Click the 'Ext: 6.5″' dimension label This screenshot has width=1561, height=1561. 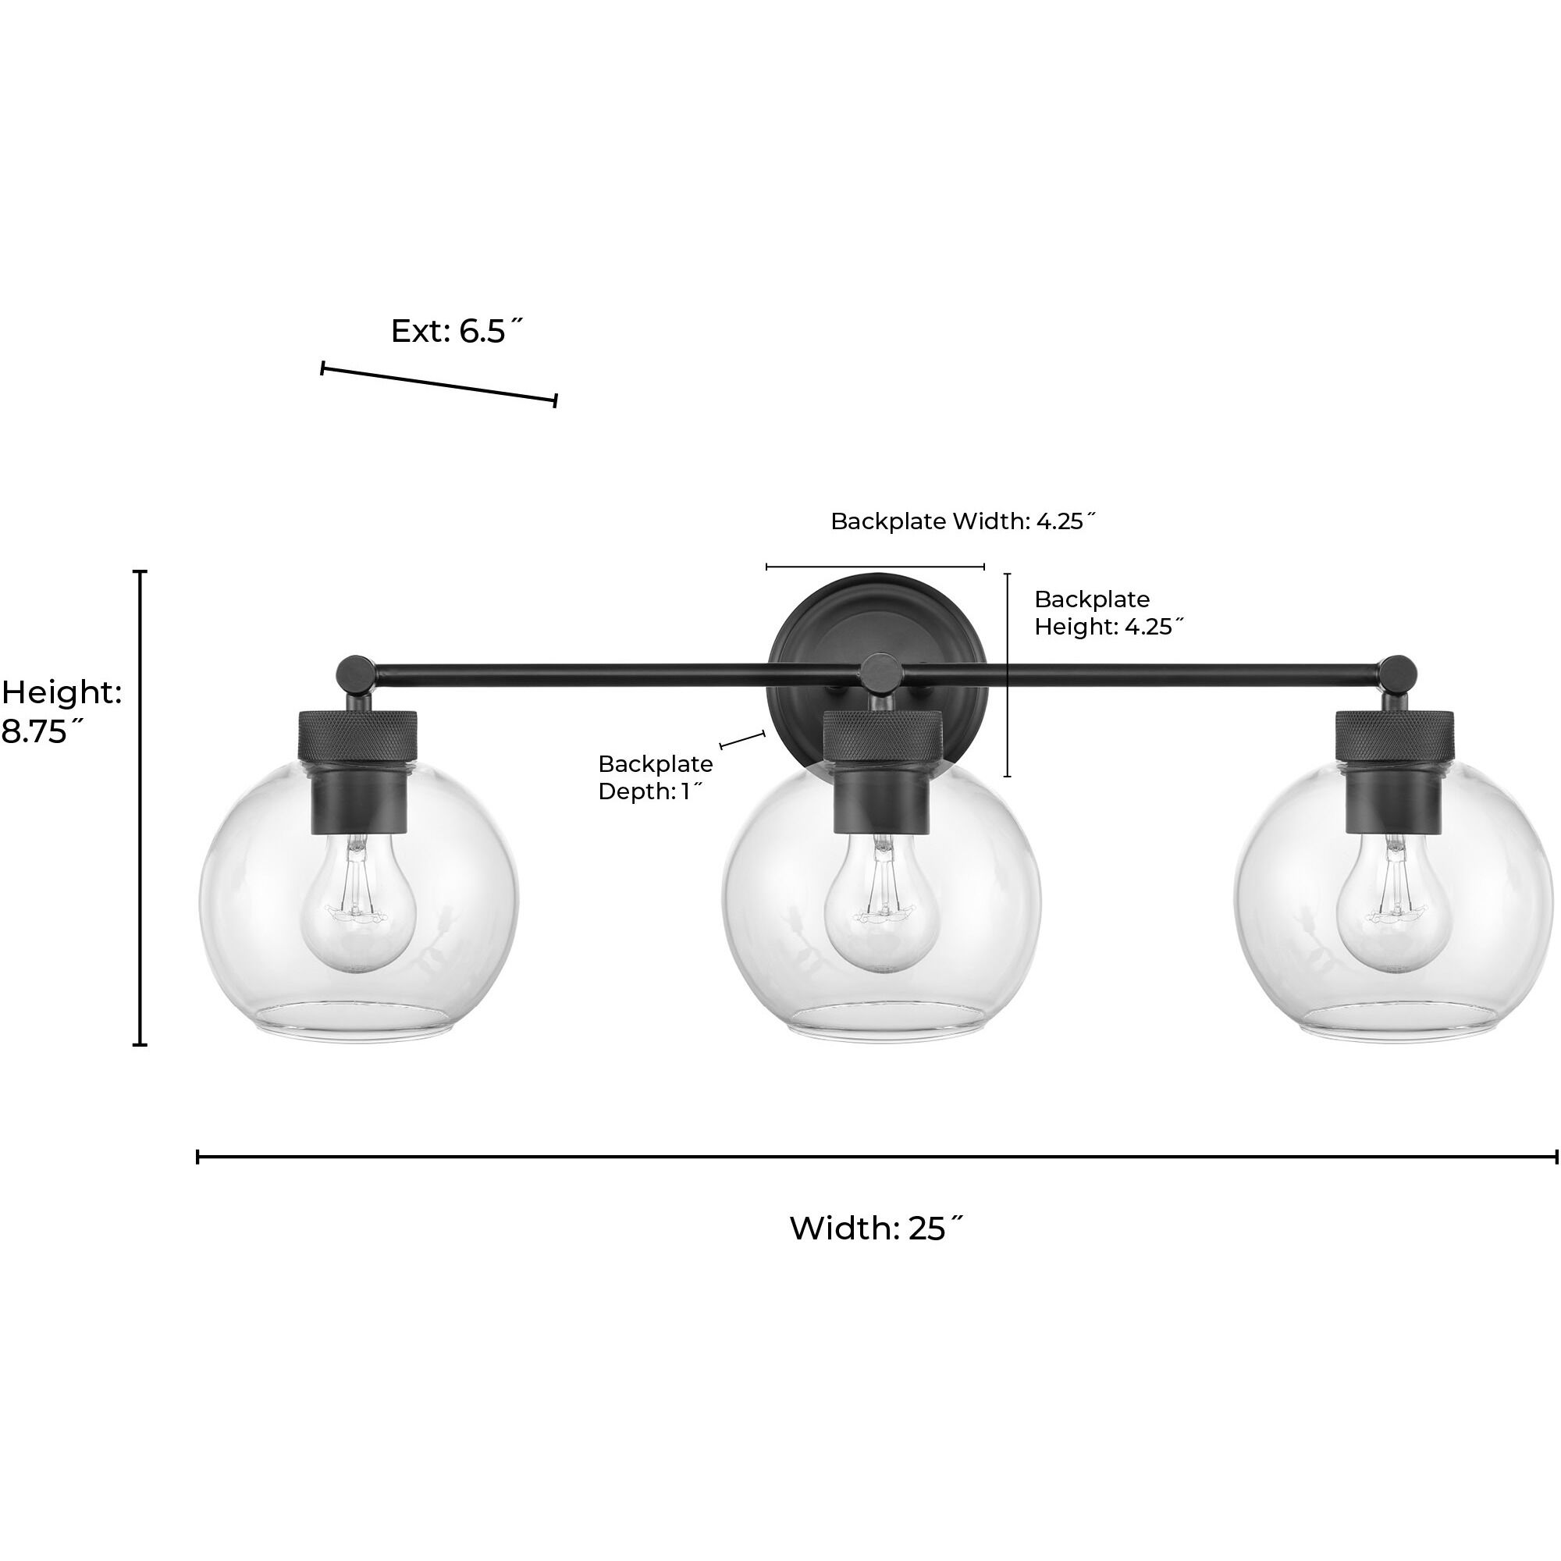pyautogui.click(x=457, y=331)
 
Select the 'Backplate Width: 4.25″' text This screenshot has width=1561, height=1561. pyautogui.click(x=963, y=522)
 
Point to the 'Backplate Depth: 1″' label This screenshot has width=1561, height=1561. pyautogui.click(x=656, y=777)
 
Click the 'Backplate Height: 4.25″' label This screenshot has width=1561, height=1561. pyautogui.click(x=1108, y=613)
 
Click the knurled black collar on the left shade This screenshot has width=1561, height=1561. pyautogui.click(x=359, y=734)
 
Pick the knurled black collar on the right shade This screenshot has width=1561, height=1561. pyautogui.click(x=1395, y=734)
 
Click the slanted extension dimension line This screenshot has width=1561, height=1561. pyautogui.click(x=439, y=385)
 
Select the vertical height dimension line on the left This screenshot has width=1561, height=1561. pyautogui.click(x=141, y=808)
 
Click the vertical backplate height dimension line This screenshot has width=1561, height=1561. pyautogui.click(x=1007, y=674)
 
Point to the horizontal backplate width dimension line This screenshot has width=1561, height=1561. pyautogui.click(x=875, y=567)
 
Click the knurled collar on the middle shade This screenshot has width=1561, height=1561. pyautogui.click(x=881, y=734)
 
